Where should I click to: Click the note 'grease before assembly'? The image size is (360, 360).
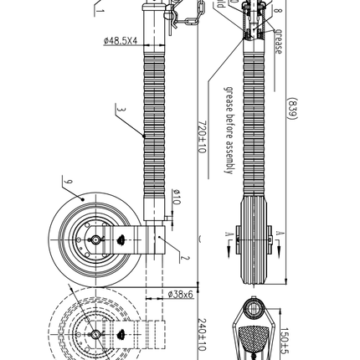point(226,130)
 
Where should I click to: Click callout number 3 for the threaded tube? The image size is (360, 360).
point(121,110)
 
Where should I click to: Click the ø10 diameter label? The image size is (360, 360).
point(177,198)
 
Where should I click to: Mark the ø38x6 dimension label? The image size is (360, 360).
point(179,295)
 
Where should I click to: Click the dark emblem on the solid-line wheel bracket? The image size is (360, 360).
point(124,239)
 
